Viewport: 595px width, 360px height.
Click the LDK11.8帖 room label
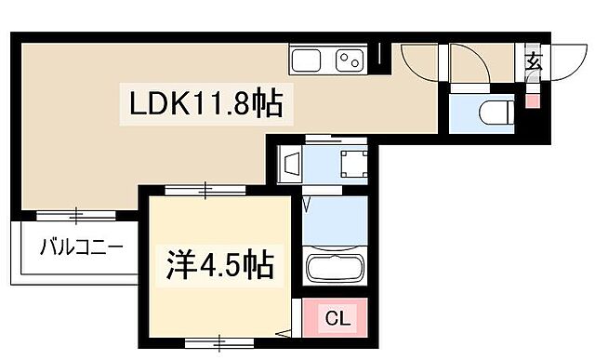pos(204,103)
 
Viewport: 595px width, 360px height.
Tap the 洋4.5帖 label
pos(222,266)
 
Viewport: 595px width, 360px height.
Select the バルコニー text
pos(81,248)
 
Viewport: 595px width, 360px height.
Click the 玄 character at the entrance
pos(534,63)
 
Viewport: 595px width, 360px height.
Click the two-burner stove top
pos(350,60)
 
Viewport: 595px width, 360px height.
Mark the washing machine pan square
pos(352,164)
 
